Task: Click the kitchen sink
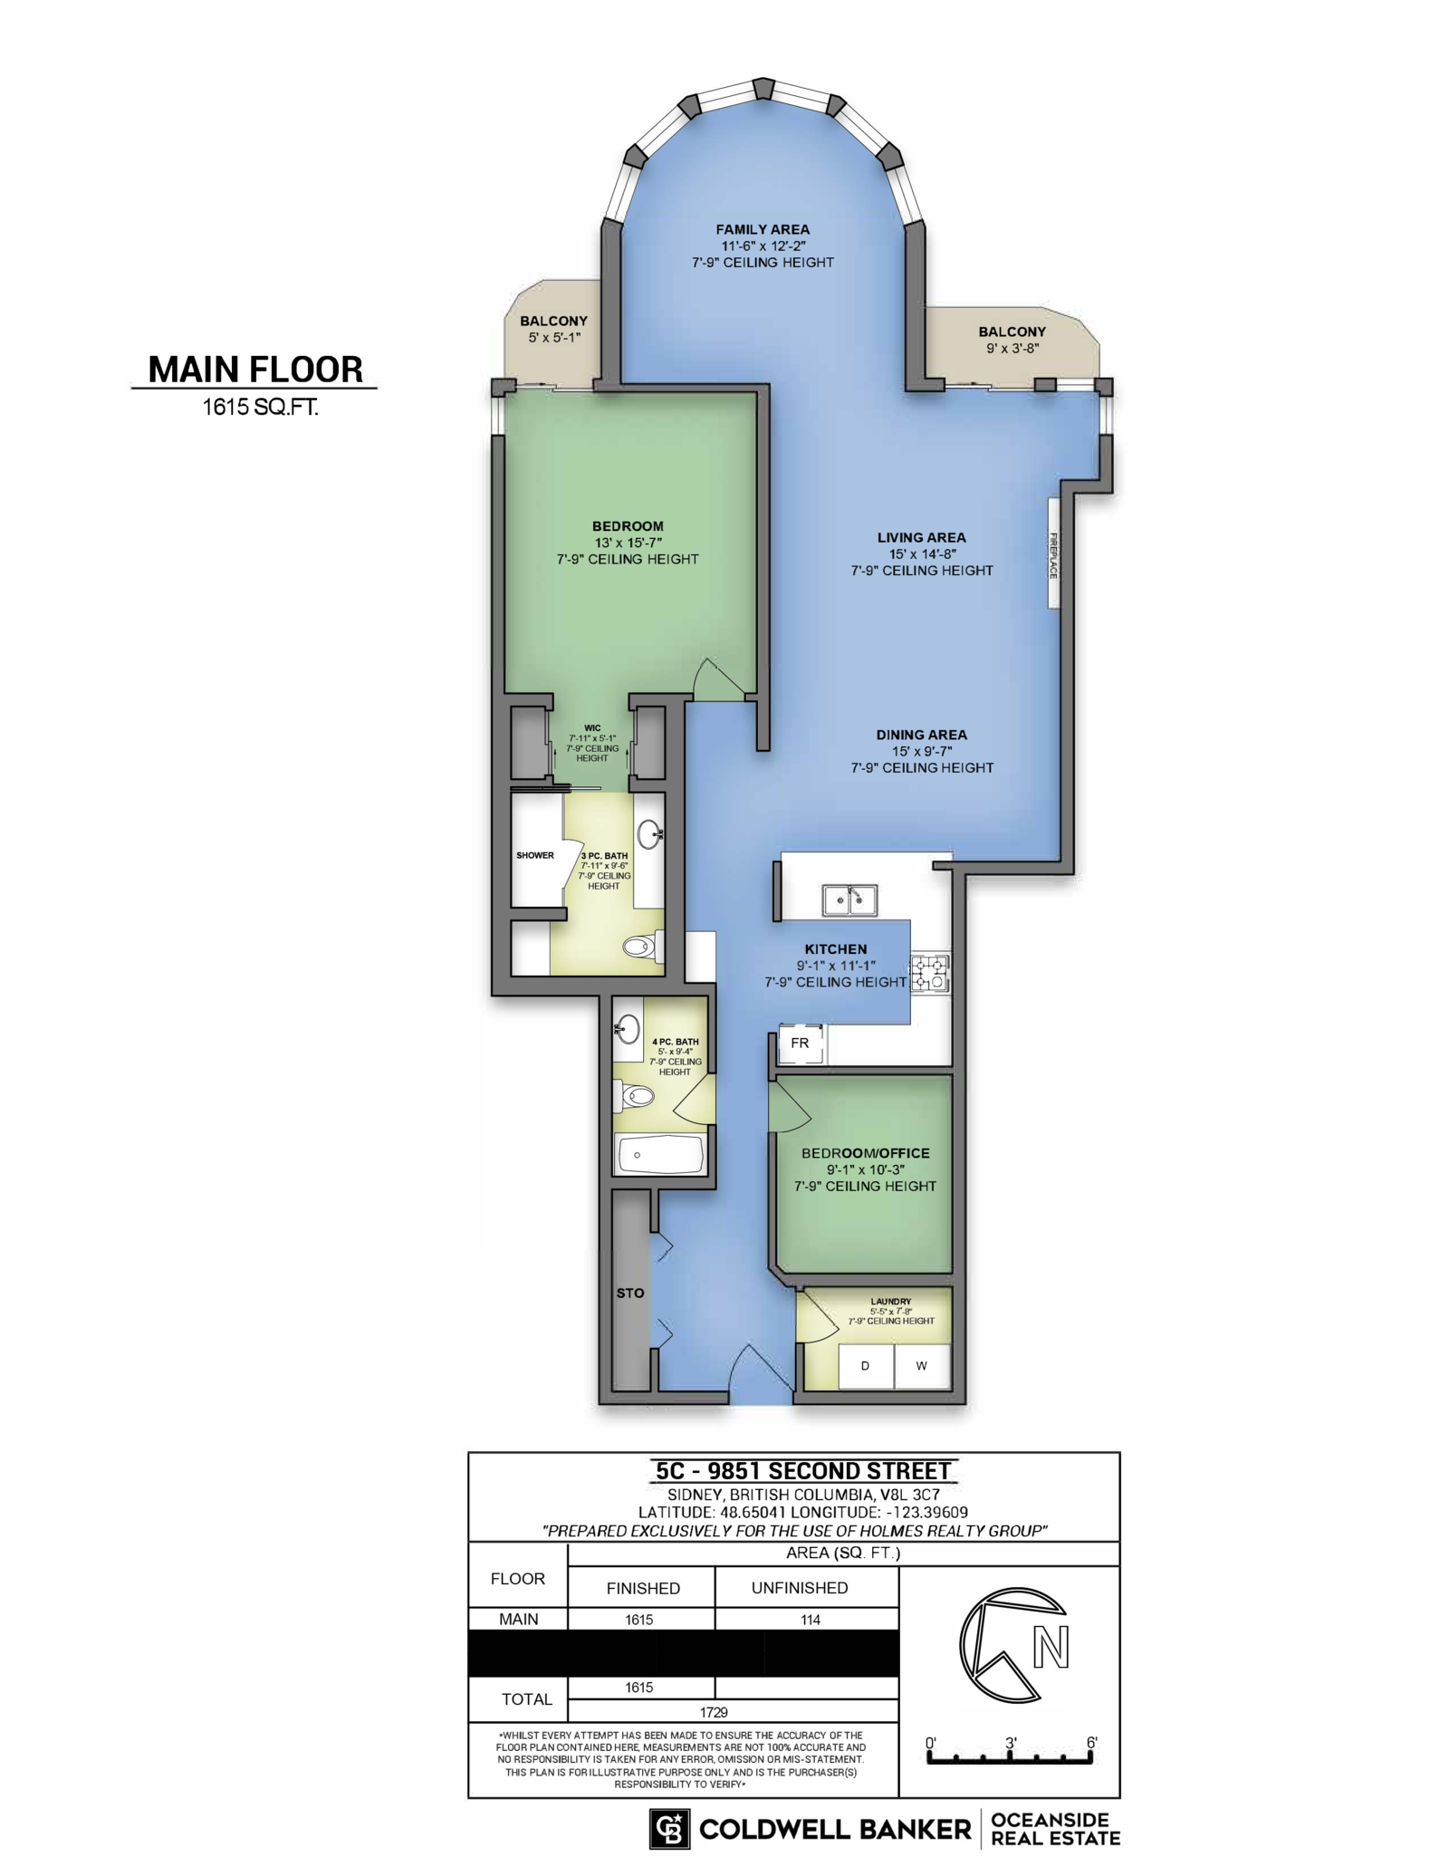[x=849, y=900]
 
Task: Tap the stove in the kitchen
[x=929, y=972]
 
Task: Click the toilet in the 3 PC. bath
[x=644, y=947]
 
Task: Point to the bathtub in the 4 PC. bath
[x=660, y=1154]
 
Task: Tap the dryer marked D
[x=866, y=1366]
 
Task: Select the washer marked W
[x=922, y=1366]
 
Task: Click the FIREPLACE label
[x=1054, y=554]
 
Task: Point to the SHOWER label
[x=535, y=855]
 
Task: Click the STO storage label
[x=630, y=1293]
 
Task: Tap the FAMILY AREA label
[x=763, y=230]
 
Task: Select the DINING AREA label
[x=921, y=735]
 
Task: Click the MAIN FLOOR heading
[x=255, y=370]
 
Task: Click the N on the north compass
[x=1051, y=1647]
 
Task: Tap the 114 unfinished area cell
[x=811, y=1620]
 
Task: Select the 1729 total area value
[x=714, y=1712]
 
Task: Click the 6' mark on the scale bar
[x=1092, y=1743]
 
